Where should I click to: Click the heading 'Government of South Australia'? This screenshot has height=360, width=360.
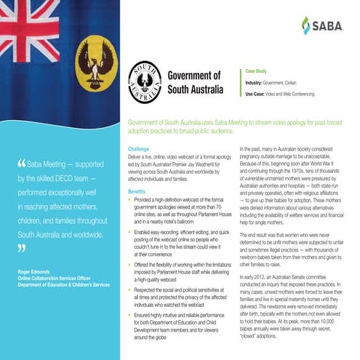(194, 81)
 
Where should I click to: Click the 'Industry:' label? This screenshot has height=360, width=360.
(257, 84)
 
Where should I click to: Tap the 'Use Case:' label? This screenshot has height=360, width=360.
(259, 95)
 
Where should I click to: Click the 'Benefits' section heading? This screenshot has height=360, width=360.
(137, 191)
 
